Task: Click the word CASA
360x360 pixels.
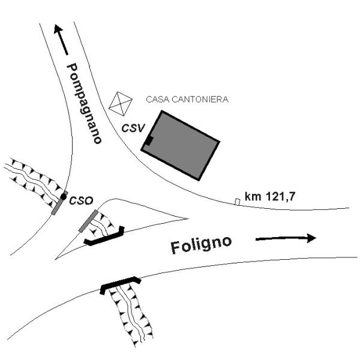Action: coord(158,99)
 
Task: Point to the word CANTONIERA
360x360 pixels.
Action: coord(200,99)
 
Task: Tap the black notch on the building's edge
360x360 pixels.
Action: coord(148,142)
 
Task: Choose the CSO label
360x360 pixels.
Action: coord(79,200)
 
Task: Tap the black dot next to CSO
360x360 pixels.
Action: coord(64,196)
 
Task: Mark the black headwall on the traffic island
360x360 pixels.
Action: coord(104,237)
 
